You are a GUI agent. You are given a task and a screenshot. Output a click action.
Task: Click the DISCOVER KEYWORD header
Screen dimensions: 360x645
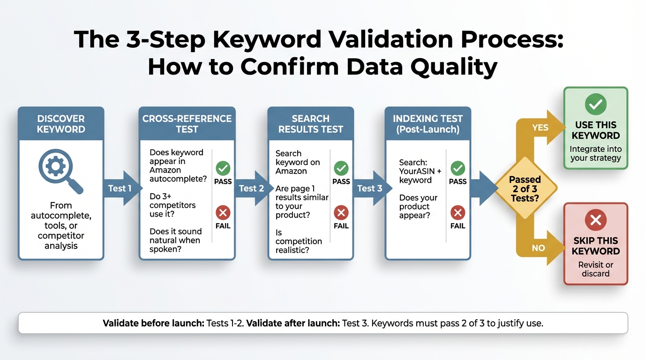(x=61, y=124)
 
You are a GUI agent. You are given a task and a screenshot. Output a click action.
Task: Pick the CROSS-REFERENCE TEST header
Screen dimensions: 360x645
(x=187, y=124)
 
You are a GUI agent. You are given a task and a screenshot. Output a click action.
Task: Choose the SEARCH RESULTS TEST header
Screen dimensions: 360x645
(x=310, y=124)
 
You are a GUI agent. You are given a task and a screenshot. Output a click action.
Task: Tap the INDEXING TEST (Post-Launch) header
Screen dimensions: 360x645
(x=427, y=124)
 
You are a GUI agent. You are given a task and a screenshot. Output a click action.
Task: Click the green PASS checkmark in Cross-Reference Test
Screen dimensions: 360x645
(x=223, y=168)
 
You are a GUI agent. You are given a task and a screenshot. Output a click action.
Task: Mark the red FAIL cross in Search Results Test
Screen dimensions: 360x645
(x=341, y=213)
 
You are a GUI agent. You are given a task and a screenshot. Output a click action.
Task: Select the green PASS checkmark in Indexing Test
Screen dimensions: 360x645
(x=457, y=168)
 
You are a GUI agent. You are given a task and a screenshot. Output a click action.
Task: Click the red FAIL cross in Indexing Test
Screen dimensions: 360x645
(x=457, y=213)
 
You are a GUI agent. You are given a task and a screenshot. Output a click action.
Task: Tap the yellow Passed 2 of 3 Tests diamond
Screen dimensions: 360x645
(x=525, y=189)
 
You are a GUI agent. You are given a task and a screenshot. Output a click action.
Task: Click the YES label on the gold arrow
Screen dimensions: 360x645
(x=540, y=127)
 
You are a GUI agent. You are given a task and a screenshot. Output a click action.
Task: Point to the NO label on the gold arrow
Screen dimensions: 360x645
(x=539, y=248)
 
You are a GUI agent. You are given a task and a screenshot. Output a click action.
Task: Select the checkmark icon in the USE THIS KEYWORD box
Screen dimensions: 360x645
(x=595, y=105)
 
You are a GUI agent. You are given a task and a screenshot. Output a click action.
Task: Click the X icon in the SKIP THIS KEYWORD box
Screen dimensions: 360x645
(x=595, y=220)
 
